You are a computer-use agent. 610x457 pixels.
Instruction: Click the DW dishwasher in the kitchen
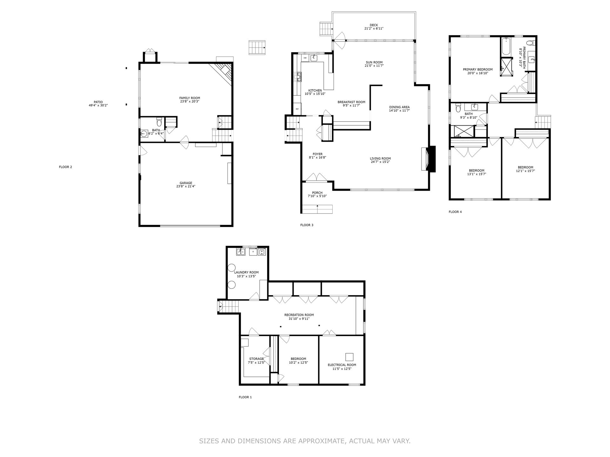[x=305, y=58]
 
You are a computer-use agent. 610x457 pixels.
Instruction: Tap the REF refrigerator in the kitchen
[x=297, y=109]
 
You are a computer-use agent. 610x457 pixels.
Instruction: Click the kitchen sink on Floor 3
[x=314, y=58]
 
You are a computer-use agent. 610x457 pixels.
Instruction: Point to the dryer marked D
[x=253, y=252]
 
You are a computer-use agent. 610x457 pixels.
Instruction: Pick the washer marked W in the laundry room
[x=262, y=252]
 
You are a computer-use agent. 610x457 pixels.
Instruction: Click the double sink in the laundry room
[x=241, y=252]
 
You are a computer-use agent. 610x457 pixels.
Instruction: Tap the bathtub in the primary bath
[x=505, y=47]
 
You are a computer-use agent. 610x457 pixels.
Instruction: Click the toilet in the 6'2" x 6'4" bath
[x=159, y=122]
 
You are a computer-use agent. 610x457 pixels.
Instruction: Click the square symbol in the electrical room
[x=349, y=357]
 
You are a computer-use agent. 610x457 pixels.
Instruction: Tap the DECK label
[x=374, y=25]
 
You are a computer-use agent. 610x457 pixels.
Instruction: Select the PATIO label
[x=98, y=102]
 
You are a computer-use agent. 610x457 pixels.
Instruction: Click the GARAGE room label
[x=186, y=183]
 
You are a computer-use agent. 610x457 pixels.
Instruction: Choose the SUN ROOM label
[x=374, y=62]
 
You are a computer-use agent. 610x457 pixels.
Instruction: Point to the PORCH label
[x=317, y=193]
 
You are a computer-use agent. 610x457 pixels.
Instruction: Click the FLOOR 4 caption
[x=455, y=212]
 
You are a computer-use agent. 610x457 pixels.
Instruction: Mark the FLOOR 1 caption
[x=245, y=397]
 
